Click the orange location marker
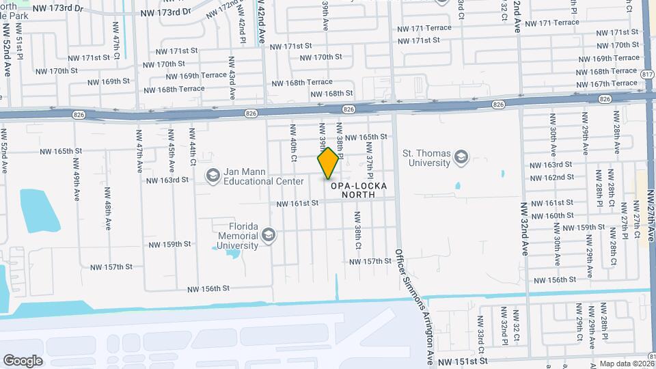[329, 163]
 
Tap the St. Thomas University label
[427, 158]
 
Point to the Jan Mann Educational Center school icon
[213, 177]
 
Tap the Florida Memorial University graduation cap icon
[269, 236]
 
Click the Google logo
[23, 360]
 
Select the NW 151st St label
[463, 360]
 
